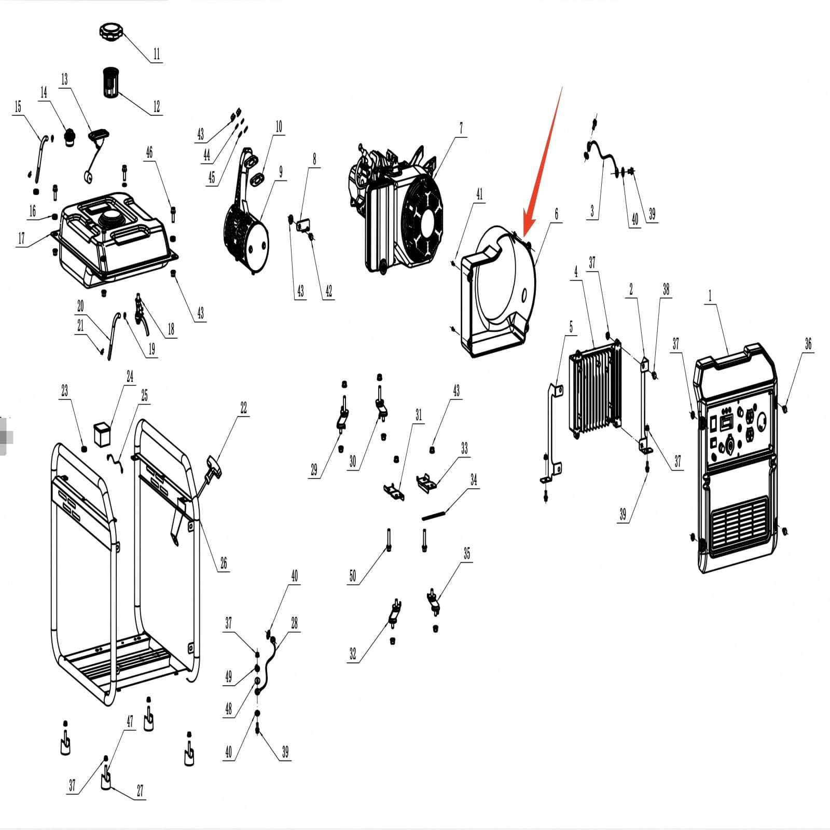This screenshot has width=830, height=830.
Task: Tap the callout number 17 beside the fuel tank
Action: point(21,238)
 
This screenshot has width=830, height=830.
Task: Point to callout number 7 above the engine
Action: point(461,128)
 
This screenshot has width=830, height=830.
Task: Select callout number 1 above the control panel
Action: point(710,296)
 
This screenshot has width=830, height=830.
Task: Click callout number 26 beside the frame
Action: point(224,563)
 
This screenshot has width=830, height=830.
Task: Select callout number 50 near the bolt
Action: point(353,576)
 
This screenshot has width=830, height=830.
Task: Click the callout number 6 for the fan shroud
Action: point(557,213)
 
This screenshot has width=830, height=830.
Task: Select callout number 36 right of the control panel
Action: point(808,343)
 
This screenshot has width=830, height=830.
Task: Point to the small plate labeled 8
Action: point(302,225)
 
